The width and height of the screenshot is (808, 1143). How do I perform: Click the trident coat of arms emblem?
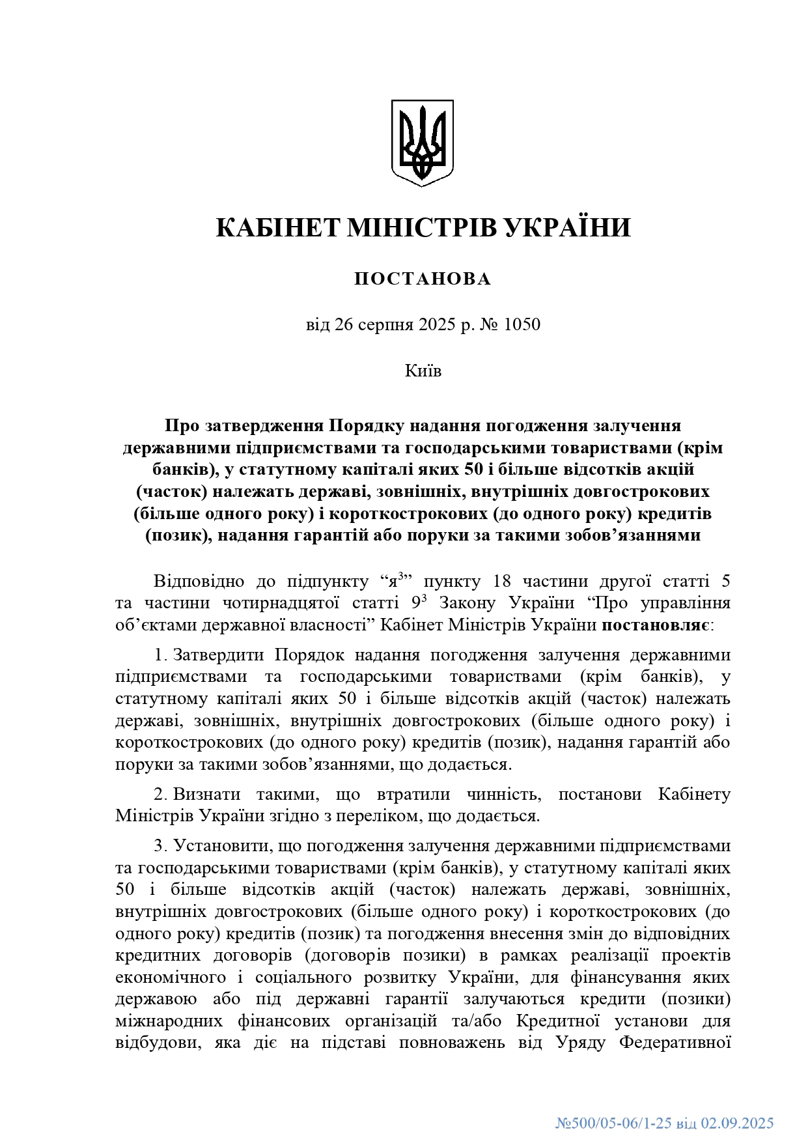(x=422, y=143)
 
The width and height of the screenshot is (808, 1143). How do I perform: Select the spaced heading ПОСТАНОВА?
(x=423, y=279)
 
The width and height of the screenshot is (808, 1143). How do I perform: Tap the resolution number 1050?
(x=521, y=324)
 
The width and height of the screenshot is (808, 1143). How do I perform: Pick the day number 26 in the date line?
(x=344, y=324)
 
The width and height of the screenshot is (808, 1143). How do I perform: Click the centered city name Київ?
(x=423, y=371)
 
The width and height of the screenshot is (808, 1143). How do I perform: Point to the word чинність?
(x=503, y=794)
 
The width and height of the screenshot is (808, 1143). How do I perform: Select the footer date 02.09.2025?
(x=737, y=1123)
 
